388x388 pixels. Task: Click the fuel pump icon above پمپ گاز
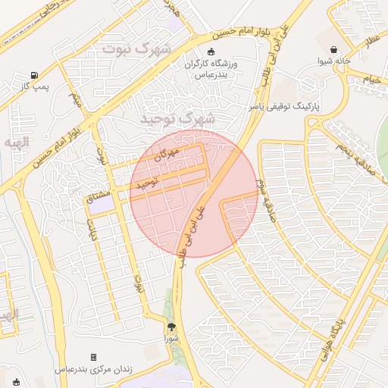(34, 75)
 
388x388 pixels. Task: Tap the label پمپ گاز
(34, 88)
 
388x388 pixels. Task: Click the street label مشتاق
(99, 199)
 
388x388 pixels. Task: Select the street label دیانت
(94, 229)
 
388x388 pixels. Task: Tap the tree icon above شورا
(172, 327)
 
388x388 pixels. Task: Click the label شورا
(173, 339)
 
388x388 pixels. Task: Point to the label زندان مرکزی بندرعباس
(94, 369)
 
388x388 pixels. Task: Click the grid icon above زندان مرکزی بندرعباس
(93, 357)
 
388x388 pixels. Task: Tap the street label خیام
(371, 79)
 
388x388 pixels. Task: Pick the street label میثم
(74, 99)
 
